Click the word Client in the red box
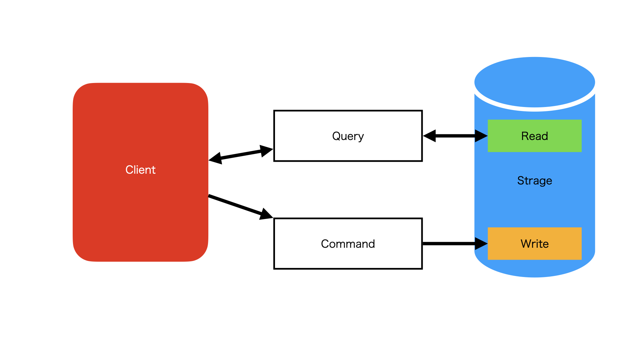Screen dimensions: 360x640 (x=140, y=170)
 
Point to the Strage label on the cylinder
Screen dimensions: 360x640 (x=534, y=181)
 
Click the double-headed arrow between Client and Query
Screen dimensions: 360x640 (x=241, y=154)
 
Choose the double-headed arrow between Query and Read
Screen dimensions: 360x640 (x=455, y=136)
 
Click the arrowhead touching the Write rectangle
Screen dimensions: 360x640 (x=481, y=244)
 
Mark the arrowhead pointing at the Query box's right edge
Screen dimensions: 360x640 (x=430, y=136)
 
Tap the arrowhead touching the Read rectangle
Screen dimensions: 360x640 (x=481, y=136)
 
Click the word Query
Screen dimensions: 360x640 (x=348, y=136)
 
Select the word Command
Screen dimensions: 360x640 (x=348, y=244)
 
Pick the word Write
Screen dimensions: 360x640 (x=534, y=244)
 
